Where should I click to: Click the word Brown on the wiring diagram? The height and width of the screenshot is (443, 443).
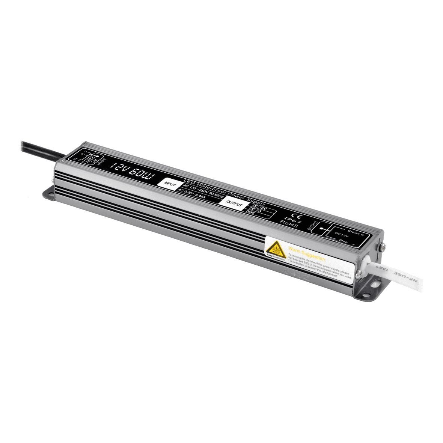(354, 232)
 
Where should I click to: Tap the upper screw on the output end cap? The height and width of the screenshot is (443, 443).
(382, 246)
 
